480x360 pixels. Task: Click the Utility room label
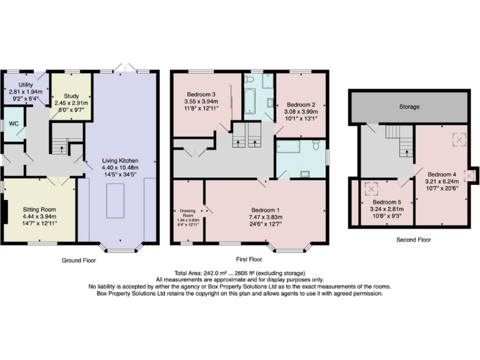pos(26,83)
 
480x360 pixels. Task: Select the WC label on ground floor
pos(13,124)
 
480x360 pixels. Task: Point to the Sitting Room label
pos(40,209)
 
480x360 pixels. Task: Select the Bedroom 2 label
pos(299,104)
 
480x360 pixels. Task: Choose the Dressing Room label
pos(188,213)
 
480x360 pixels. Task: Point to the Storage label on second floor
pos(409,107)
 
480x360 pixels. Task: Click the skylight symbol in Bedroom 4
pos(459,141)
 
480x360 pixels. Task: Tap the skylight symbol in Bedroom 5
pos(372,187)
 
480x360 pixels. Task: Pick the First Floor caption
pos(248,259)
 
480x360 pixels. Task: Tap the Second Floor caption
pos(413,239)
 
